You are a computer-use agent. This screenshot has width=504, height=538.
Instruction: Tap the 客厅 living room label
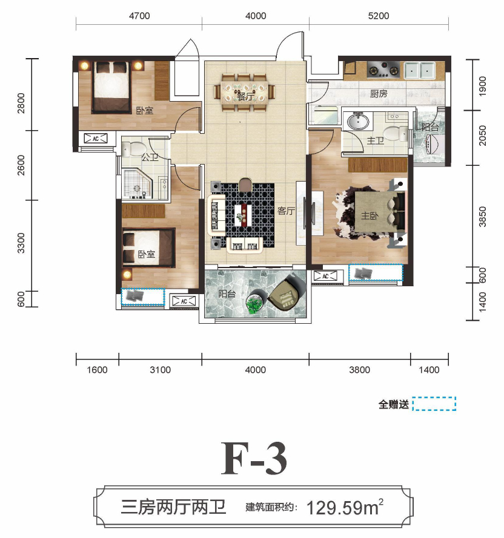(x=286, y=211)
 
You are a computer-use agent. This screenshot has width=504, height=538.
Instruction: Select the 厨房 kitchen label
(x=379, y=93)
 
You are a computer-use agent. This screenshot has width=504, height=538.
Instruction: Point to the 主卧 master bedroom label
(x=370, y=216)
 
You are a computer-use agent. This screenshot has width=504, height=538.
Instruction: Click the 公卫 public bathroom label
(x=150, y=157)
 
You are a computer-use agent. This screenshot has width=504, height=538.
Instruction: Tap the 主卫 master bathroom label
(x=375, y=140)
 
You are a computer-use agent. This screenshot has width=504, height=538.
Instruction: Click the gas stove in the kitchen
(x=383, y=70)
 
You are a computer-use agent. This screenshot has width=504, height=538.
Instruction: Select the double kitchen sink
(x=419, y=70)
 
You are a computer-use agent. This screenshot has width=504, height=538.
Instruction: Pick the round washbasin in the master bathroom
(x=358, y=121)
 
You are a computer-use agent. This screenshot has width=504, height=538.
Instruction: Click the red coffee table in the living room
(x=244, y=215)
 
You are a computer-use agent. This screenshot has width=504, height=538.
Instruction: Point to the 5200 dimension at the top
(x=379, y=16)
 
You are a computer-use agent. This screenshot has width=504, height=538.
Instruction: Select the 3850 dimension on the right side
(x=482, y=217)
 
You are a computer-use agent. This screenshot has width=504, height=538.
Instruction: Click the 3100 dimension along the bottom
(x=160, y=370)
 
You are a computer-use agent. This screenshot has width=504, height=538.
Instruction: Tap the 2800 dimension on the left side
(x=21, y=103)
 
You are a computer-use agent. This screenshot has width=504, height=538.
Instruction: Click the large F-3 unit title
(x=254, y=459)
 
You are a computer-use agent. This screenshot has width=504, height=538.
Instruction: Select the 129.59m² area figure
(x=345, y=508)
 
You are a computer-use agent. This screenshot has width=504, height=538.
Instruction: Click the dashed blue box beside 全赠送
(x=434, y=404)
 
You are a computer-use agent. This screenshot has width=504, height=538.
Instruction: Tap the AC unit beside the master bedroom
(x=325, y=276)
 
